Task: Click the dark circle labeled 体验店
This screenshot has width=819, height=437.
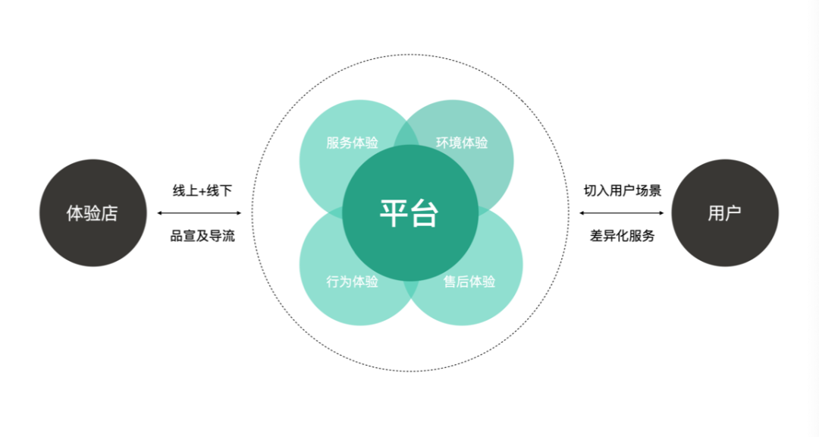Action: point(93,213)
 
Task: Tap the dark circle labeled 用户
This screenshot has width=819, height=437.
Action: point(725,213)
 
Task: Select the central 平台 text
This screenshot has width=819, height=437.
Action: point(409,213)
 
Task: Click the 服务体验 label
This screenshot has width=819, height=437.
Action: point(353,143)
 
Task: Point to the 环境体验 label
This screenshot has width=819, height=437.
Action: point(462,143)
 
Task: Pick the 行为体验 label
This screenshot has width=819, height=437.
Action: point(353,282)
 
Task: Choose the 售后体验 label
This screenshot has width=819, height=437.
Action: point(469,282)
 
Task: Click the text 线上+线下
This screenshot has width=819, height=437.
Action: point(202,190)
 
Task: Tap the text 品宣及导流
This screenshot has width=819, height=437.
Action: point(202,236)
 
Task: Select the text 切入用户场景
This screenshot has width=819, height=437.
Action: point(622,190)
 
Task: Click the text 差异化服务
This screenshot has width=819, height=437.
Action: point(622,236)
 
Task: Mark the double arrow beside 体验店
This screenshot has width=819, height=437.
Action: point(199,213)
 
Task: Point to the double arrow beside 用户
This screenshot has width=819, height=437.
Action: point(622,213)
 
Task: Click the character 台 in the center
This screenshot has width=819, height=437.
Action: point(425,213)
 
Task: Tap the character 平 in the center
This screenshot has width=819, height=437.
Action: point(394,213)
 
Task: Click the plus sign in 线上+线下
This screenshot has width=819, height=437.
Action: point(202,191)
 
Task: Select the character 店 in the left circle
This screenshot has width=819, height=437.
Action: point(110,213)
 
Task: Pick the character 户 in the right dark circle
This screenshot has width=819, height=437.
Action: point(733,213)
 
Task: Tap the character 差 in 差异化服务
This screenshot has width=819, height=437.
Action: point(597,236)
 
